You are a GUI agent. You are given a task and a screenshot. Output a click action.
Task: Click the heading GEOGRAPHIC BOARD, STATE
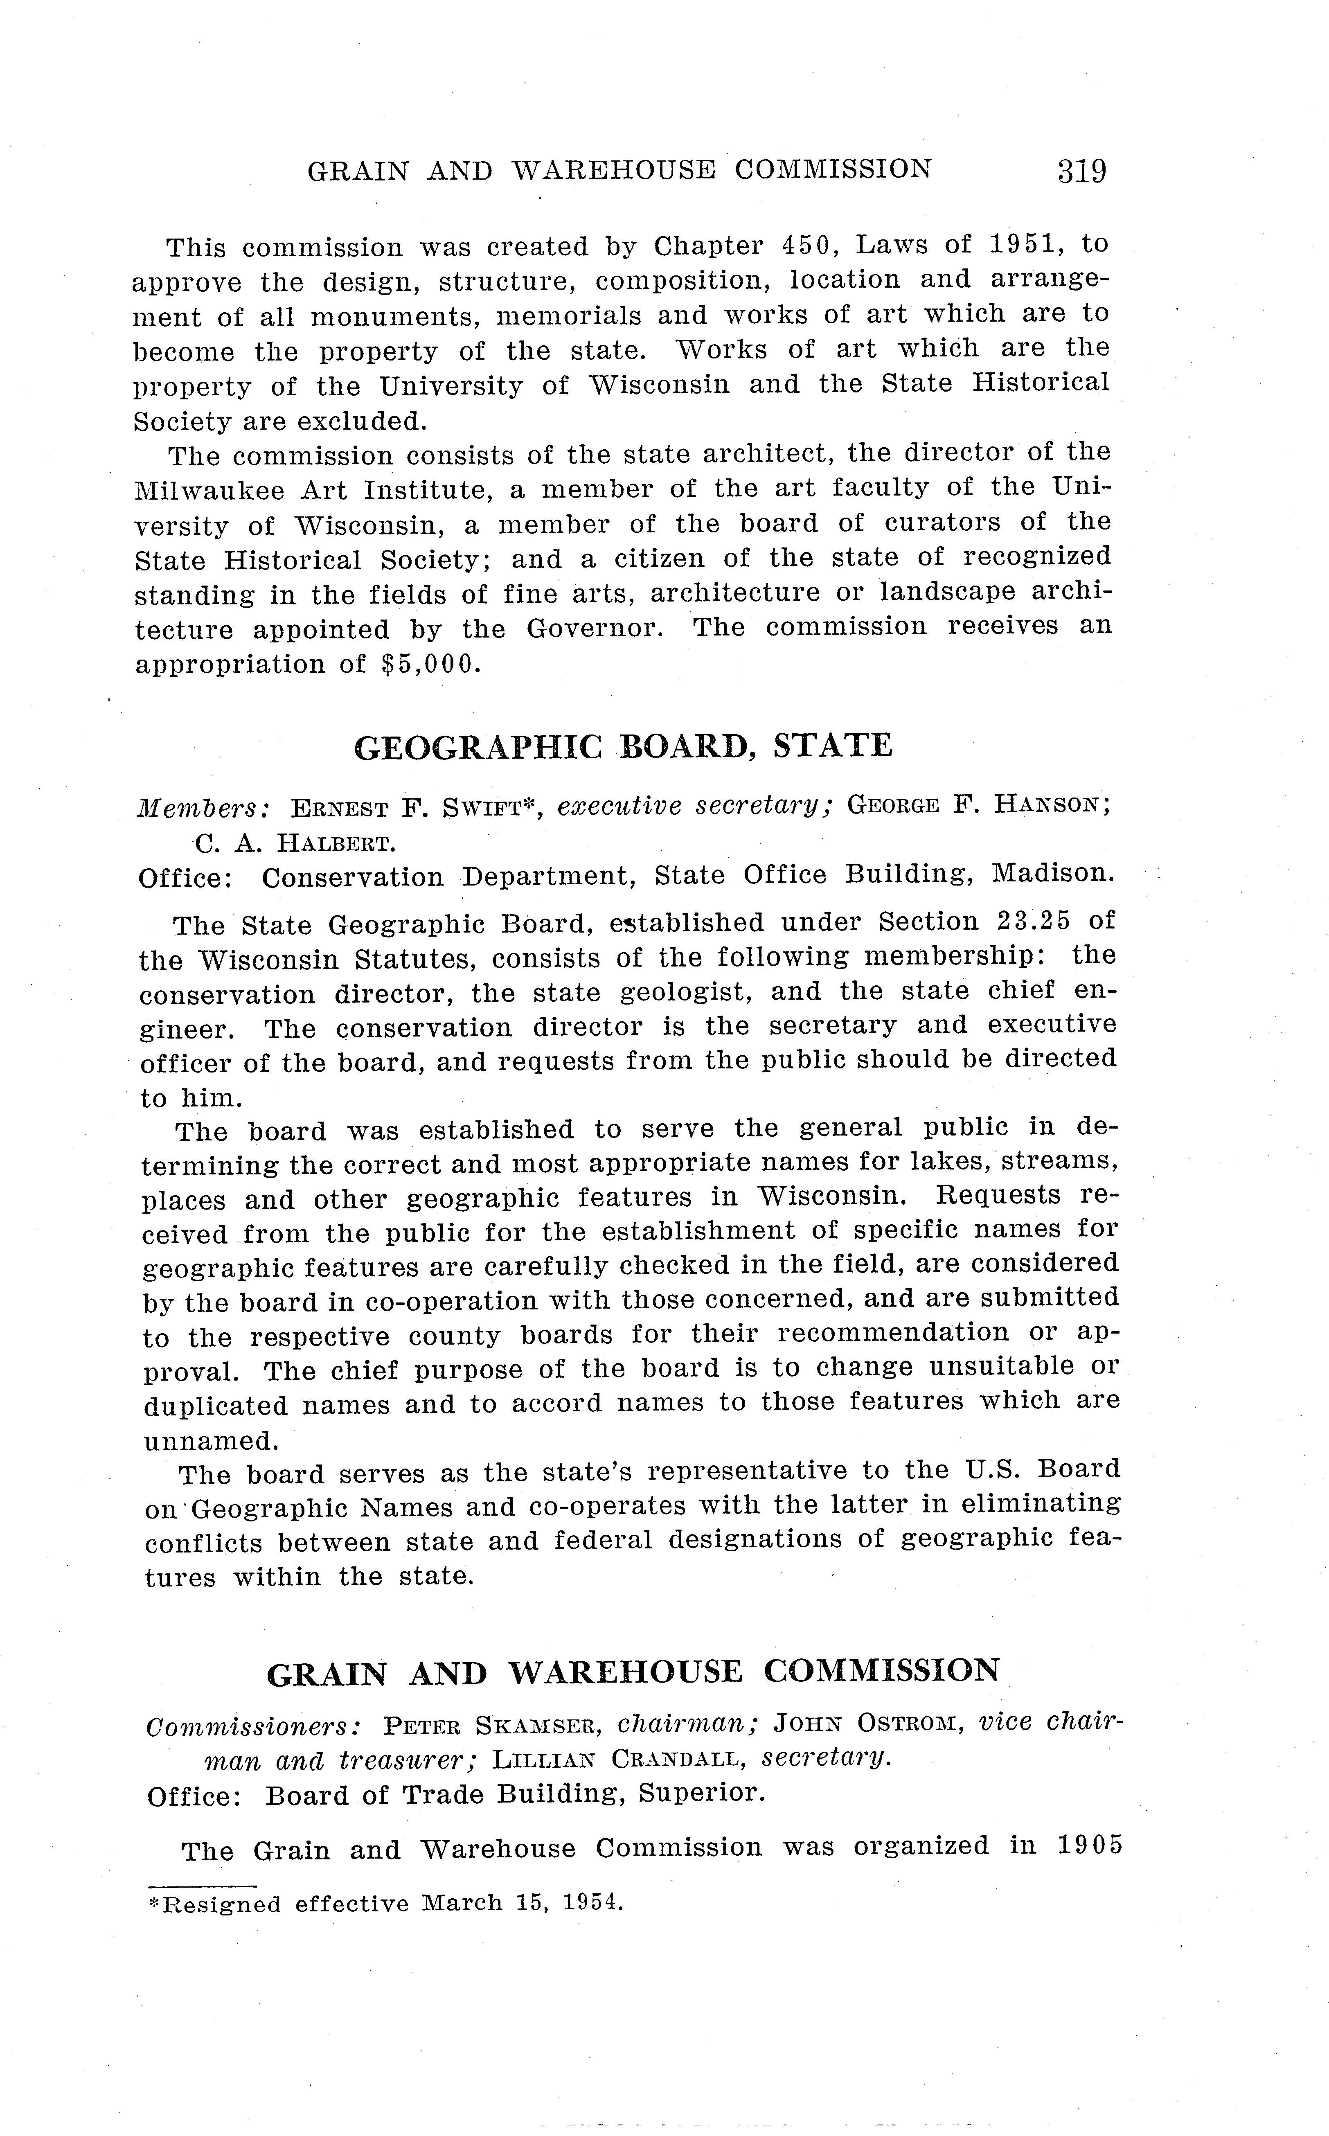point(623,746)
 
